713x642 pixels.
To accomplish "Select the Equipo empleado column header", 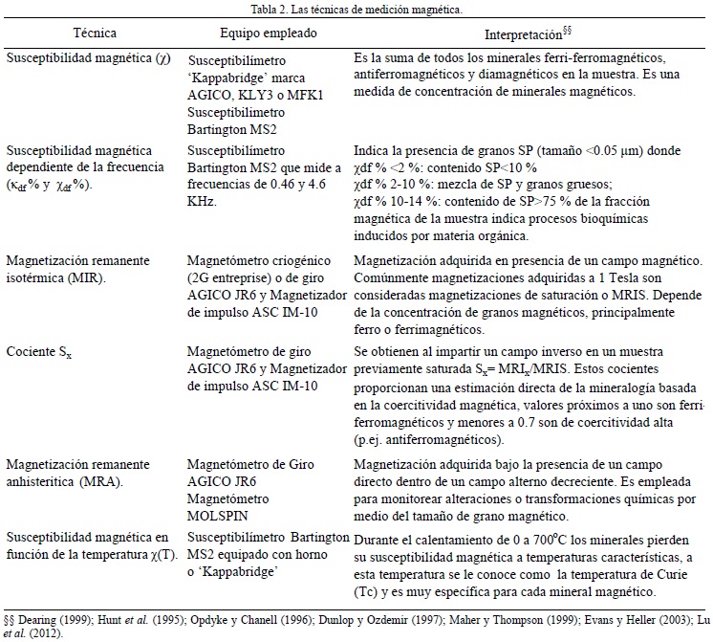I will [x=252, y=33].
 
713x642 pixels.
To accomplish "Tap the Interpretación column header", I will [x=527, y=34].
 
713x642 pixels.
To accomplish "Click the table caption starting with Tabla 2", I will [x=356, y=10].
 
